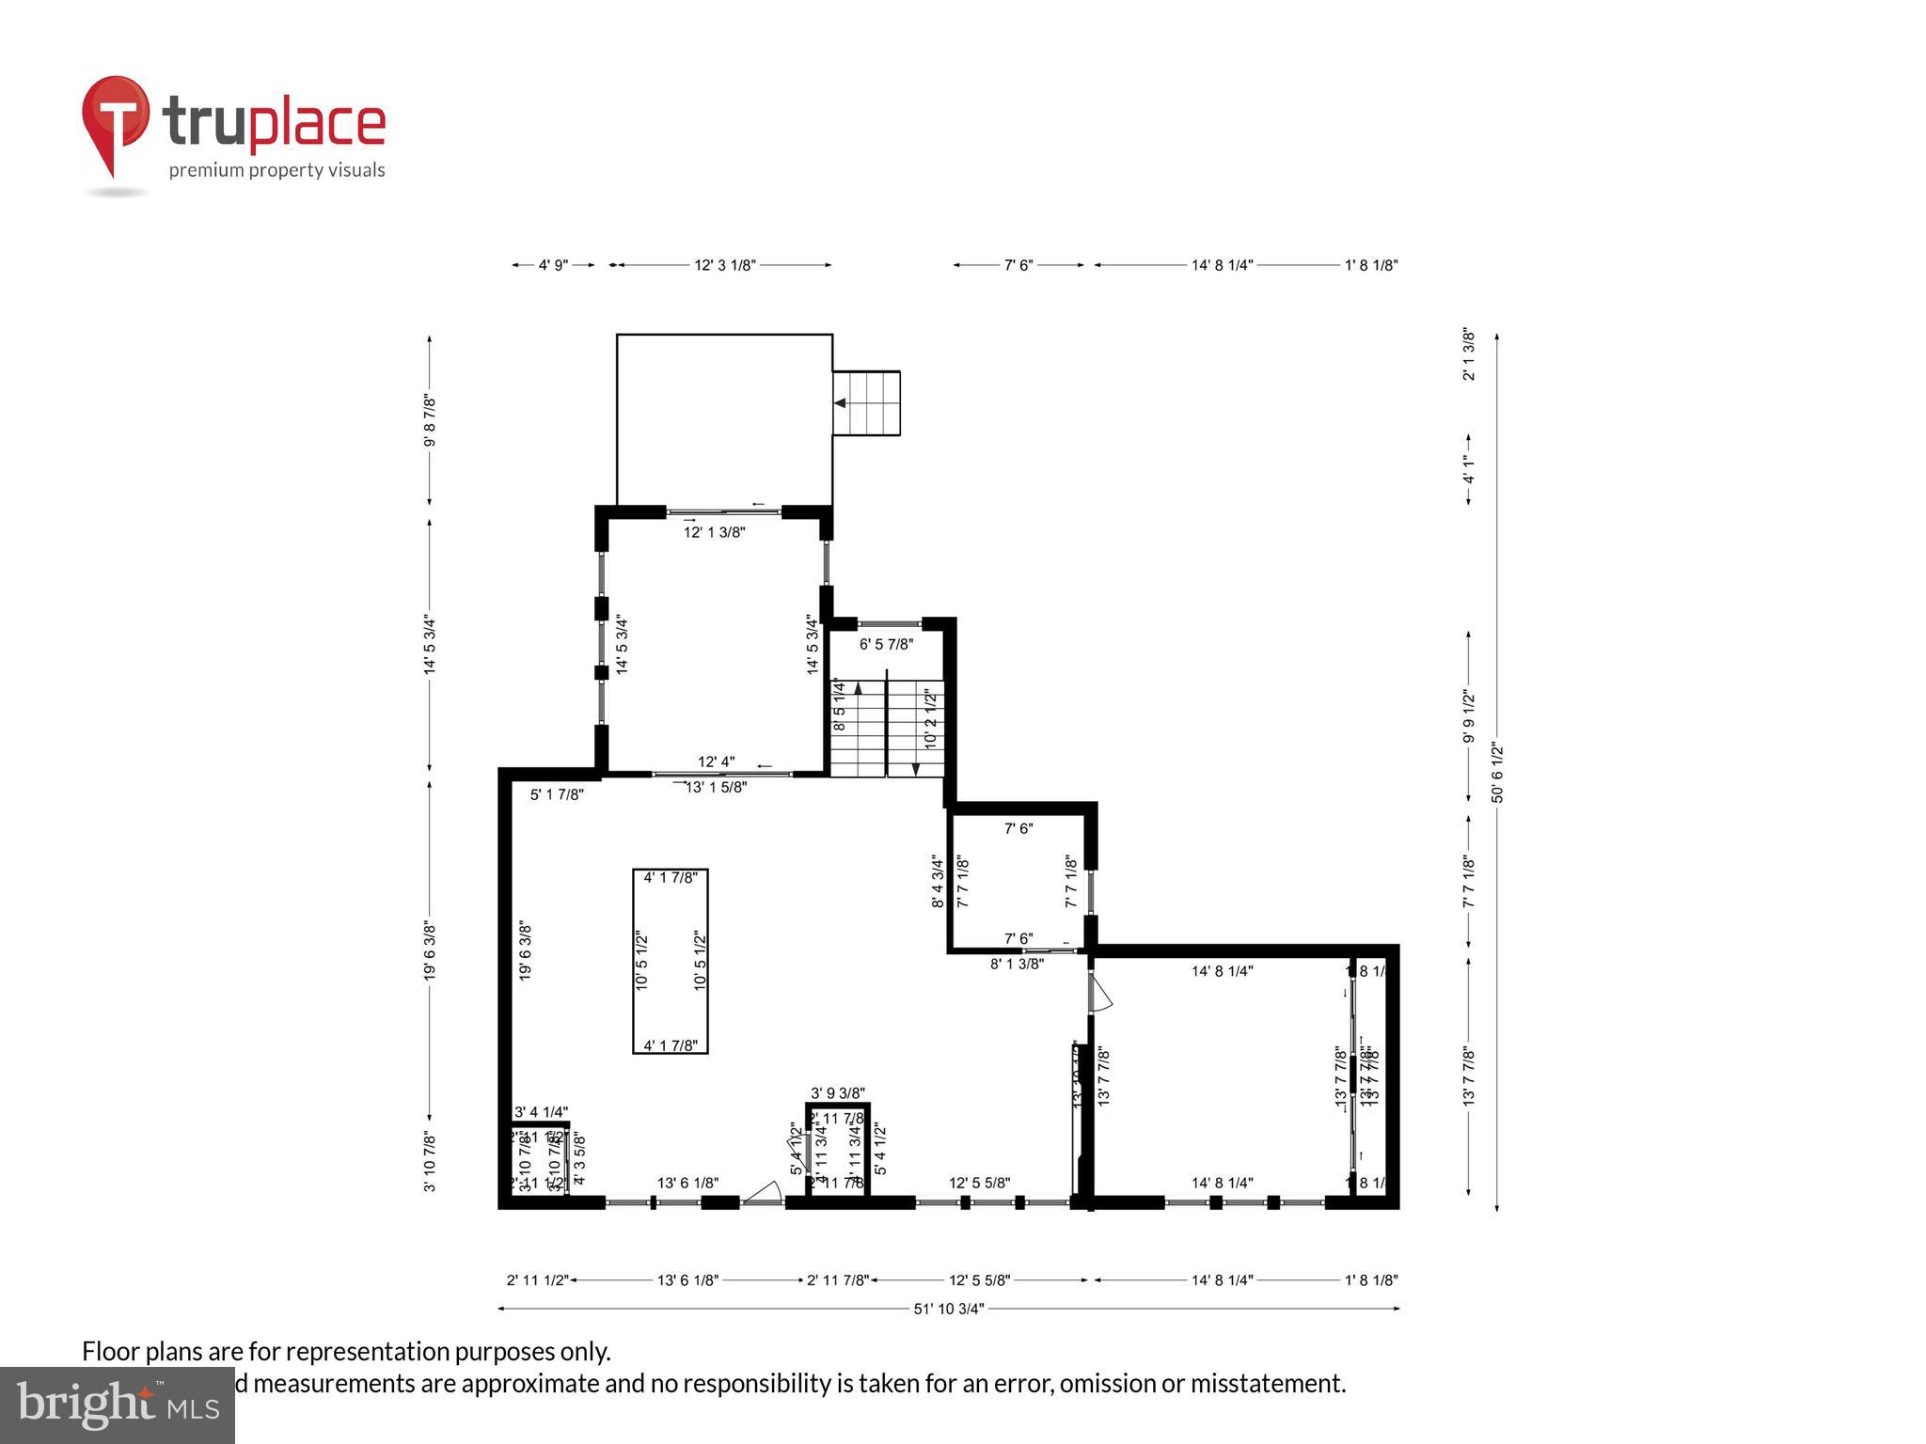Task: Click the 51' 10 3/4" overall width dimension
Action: click(x=948, y=1309)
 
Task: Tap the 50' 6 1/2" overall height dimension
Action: click(x=1497, y=773)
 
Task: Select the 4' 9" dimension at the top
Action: click(x=553, y=265)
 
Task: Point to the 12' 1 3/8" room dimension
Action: click(x=714, y=532)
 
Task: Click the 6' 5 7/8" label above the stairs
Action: click(x=886, y=644)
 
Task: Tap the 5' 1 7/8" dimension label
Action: click(x=557, y=794)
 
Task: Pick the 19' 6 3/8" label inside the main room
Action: click(x=526, y=951)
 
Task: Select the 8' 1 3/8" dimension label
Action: click(x=1017, y=964)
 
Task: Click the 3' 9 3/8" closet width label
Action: click(x=837, y=1092)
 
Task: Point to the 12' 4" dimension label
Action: click(x=716, y=761)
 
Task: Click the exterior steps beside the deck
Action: click(x=866, y=403)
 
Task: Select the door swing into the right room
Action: click(x=1100, y=993)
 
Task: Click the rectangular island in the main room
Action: click(x=670, y=961)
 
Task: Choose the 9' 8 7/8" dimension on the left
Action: click(x=430, y=420)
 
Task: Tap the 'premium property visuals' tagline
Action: click(x=276, y=170)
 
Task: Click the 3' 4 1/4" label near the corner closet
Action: click(x=541, y=1112)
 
